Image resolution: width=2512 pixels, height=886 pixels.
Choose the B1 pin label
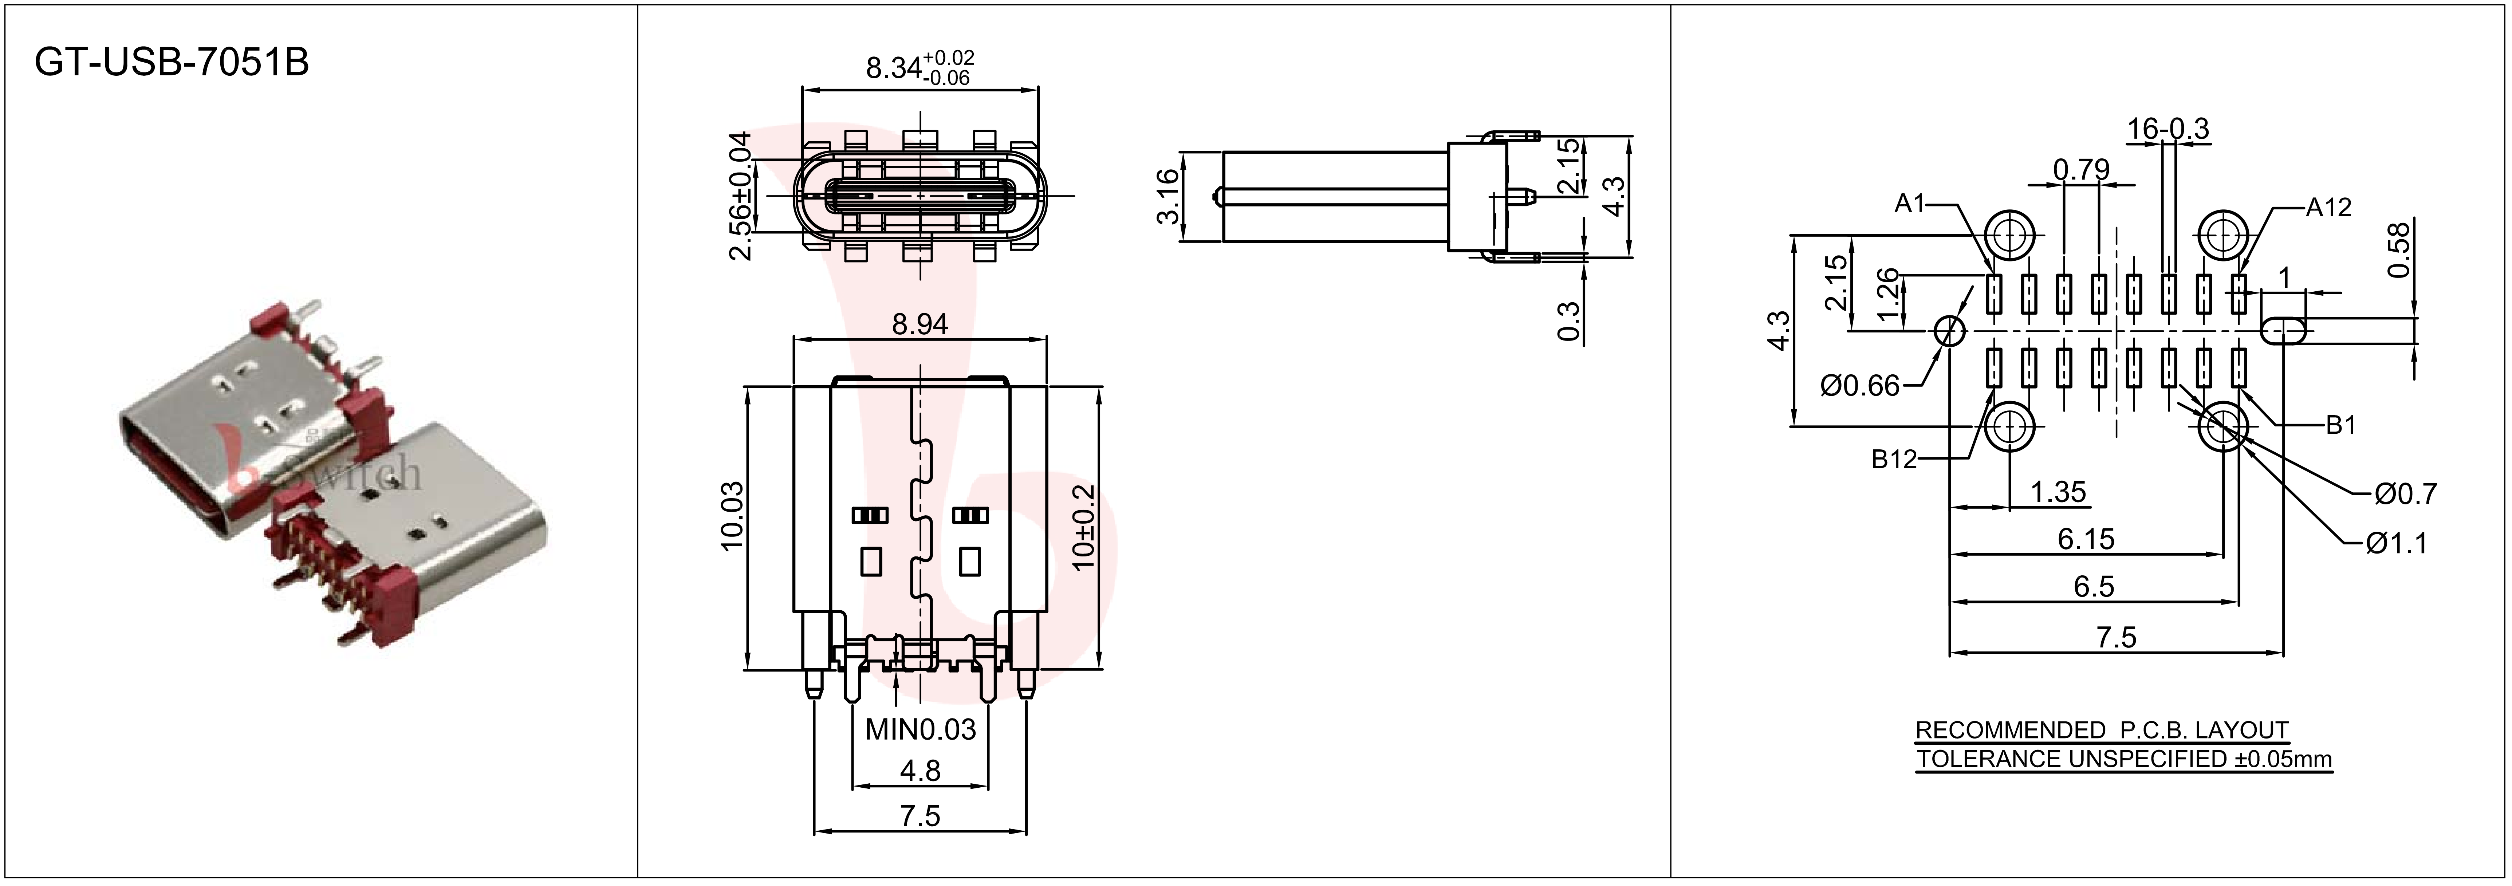[2340, 425]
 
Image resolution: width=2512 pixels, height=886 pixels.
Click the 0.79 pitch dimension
[2081, 170]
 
